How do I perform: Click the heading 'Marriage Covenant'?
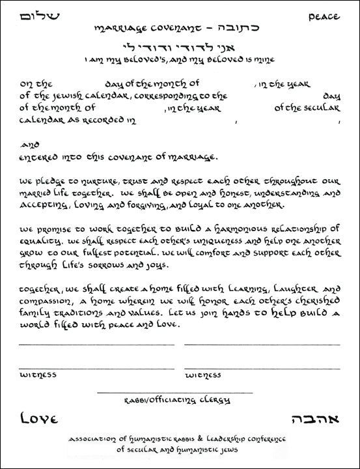[130, 29]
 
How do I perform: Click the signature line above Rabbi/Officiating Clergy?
[174, 393]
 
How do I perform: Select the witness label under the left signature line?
[38, 375]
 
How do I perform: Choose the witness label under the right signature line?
[202, 375]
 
